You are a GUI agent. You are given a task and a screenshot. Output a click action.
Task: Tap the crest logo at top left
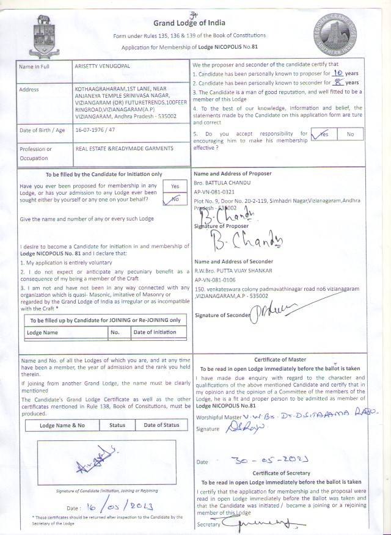pos(45,27)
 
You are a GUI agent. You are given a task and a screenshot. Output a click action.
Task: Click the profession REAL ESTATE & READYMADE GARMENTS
pos(124,148)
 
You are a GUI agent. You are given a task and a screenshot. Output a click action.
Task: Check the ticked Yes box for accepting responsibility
pos(324,134)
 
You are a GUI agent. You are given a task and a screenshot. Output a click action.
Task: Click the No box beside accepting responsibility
pos(350,134)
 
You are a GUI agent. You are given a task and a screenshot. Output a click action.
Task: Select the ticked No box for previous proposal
pos(175,199)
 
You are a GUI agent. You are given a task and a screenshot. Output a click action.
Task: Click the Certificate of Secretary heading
pos(282,473)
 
